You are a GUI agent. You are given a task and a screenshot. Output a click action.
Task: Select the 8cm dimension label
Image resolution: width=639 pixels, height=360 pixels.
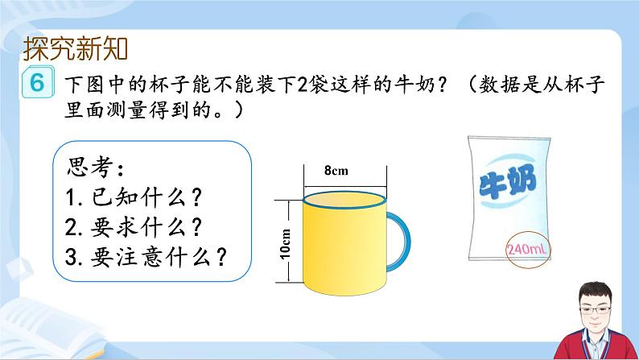tap(336, 171)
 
